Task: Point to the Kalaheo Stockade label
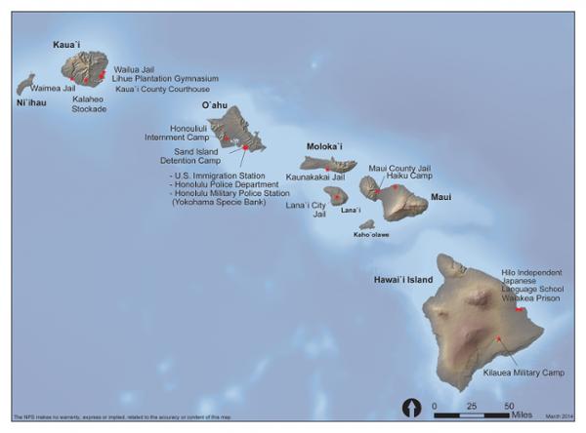point(90,103)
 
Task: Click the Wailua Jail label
point(135,69)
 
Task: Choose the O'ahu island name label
point(217,103)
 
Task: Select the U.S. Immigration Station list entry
point(221,176)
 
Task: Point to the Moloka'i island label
point(325,145)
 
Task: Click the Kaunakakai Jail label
point(316,177)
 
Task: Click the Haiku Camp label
point(406,176)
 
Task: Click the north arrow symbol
point(410,408)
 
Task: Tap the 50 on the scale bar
point(509,403)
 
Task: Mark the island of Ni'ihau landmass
point(25,84)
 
